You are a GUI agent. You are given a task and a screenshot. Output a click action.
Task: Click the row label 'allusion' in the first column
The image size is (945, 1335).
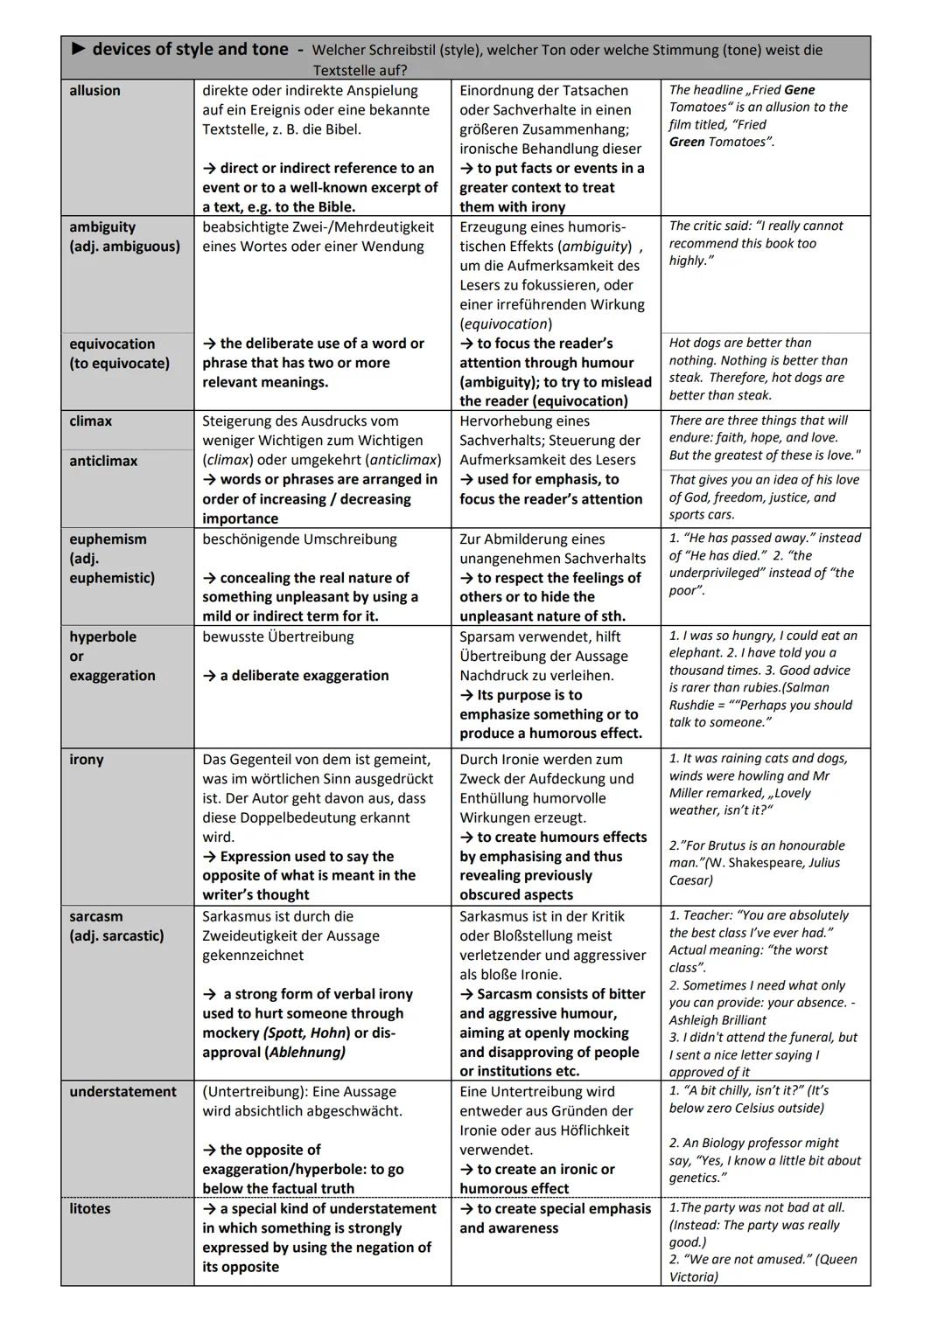pyautogui.click(x=94, y=91)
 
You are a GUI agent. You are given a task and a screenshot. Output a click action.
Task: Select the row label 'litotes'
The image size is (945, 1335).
pyautogui.click(x=89, y=1208)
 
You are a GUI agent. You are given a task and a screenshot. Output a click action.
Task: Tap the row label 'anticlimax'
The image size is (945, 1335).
pyautogui.click(x=103, y=461)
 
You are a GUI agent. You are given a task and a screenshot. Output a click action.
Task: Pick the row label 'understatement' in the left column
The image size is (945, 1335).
pyautogui.click(x=122, y=1092)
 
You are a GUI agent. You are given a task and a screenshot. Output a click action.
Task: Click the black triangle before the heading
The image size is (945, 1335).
pyautogui.click(x=78, y=50)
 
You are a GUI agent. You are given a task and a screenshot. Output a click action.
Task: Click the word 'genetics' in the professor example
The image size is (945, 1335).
pyautogui.click(x=696, y=1178)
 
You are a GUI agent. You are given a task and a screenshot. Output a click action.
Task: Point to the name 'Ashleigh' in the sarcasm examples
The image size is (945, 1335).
pyautogui.click(x=696, y=1020)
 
